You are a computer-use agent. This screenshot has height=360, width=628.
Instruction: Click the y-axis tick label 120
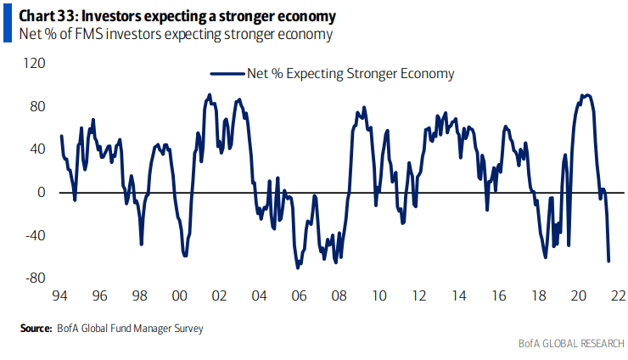34,64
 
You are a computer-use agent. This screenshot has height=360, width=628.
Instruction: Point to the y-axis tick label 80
37,107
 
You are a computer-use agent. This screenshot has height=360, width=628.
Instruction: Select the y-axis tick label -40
35,235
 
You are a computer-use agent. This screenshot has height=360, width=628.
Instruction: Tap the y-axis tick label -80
35,278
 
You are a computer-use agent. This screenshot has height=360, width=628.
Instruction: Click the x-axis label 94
59,296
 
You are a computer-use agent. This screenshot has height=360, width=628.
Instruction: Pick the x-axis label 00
179,296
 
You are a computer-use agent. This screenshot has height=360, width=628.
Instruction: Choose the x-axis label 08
339,296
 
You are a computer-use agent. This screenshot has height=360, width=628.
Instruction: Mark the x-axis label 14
458,296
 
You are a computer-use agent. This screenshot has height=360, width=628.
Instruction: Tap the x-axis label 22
618,296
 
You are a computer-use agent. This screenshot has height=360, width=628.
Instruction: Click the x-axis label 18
538,296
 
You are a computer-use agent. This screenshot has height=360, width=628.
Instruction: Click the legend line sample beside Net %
226,74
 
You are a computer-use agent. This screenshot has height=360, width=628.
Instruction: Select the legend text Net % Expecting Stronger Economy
350,74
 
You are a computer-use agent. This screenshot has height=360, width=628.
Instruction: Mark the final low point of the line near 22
608,261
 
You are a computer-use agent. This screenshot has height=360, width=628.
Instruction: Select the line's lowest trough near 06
298,267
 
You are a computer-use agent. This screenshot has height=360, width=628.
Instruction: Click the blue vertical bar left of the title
7,25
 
